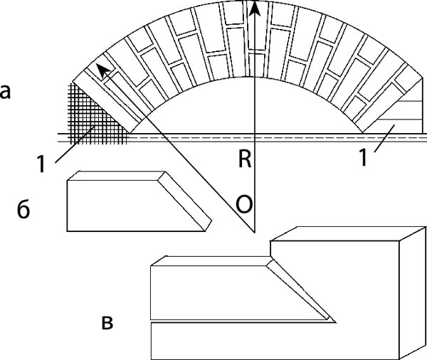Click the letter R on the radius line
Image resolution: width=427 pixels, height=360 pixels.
pos(245,159)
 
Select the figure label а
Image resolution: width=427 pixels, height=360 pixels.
pos(5,92)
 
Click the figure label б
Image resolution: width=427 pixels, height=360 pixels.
pos(23,212)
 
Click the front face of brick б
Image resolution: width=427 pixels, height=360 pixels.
pos(121,206)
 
